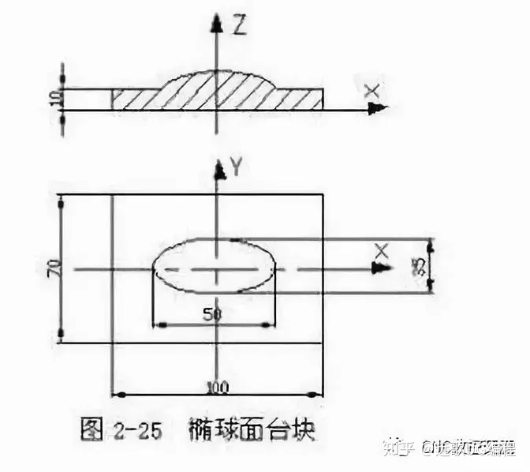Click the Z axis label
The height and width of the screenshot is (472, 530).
[241, 28]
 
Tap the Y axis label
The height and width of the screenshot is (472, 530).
[234, 166]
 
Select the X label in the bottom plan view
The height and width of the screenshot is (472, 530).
[383, 251]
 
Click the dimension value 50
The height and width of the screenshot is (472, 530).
[211, 314]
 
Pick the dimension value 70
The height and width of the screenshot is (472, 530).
[53, 268]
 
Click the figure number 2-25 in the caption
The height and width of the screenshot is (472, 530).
[132, 432]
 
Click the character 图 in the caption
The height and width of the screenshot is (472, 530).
[91, 432]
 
